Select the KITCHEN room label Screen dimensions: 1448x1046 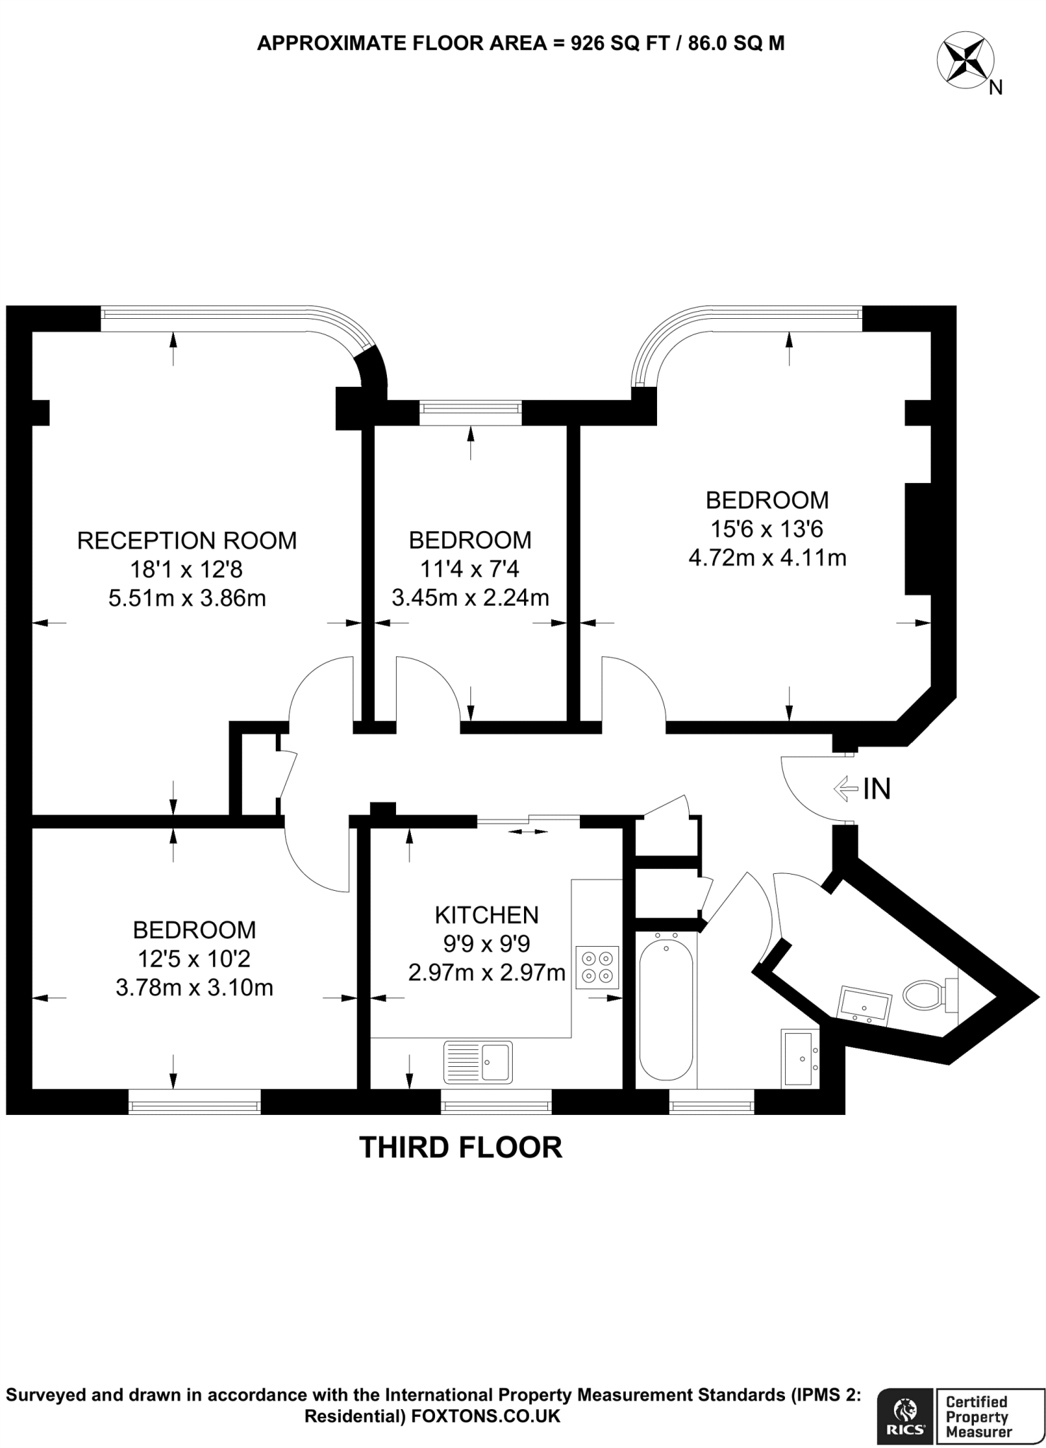(486, 915)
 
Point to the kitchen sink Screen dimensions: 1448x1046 (478, 1062)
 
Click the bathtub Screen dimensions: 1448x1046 (666, 1007)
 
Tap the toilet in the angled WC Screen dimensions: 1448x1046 (926, 994)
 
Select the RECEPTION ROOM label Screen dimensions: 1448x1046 (186, 541)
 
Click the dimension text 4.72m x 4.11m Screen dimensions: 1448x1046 (767, 558)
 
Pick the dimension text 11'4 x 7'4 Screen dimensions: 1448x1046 (470, 569)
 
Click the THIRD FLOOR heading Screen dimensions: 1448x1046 (461, 1148)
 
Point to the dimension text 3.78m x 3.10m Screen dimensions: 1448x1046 (194, 988)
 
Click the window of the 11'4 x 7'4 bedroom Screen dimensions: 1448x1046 (470, 413)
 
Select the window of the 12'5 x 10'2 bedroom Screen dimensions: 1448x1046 (194, 1102)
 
